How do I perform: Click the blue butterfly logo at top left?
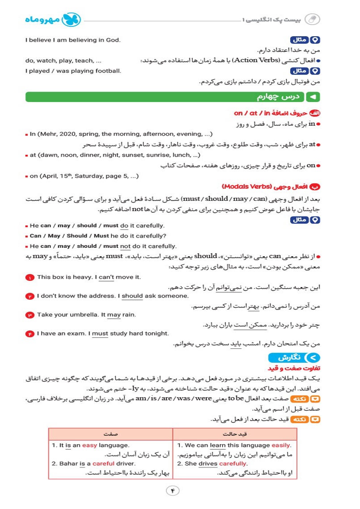pos(72,19)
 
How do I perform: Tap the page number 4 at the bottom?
pos(173,490)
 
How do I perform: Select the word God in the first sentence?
pos(114,40)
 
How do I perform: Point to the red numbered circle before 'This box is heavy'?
pos(30,277)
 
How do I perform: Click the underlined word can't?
pos(106,277)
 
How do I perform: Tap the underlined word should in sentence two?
pos(132,296)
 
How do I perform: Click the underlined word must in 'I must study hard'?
pos(100,333)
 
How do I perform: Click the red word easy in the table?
pos(89,445)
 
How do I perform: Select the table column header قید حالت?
pos(235,434)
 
